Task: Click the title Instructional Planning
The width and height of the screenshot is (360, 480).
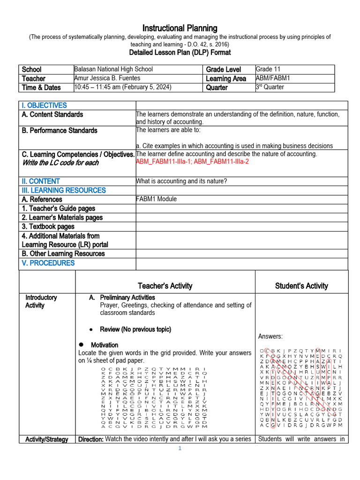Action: (x=180, y=28)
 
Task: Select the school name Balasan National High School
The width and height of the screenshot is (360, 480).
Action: (x=113, y=69)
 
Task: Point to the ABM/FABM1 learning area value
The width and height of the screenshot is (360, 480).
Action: (x=273, y=78)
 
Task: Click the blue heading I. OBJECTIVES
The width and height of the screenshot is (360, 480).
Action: (x=44, y=105)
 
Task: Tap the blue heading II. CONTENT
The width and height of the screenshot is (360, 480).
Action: (x=41, y=181)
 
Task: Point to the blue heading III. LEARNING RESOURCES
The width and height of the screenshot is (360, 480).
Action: (x=64, y=190)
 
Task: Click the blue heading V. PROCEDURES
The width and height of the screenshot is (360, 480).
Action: (x=48, y=263)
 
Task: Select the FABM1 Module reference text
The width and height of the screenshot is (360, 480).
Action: (x=156, y=199)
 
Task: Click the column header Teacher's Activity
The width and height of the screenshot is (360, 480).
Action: (x=165, y=286)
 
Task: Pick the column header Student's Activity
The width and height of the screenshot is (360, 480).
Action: (x=301, y=286)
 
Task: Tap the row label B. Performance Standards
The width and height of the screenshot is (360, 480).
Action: (x=59, y=130)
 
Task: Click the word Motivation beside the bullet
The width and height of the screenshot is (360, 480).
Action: (x=105, y=345)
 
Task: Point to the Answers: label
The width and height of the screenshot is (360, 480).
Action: (x=270, y=337)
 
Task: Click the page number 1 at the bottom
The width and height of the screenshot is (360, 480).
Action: (x=180, y=449)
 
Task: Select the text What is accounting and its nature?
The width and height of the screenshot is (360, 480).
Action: (x=181, y=181)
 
